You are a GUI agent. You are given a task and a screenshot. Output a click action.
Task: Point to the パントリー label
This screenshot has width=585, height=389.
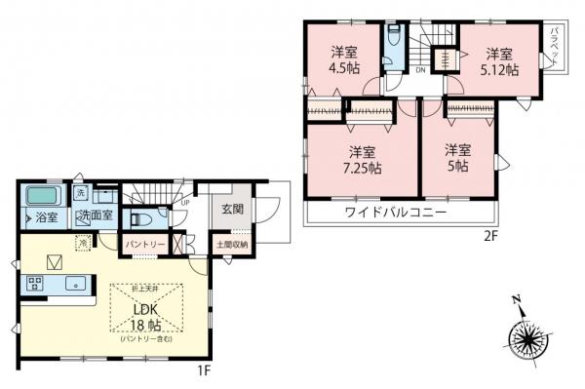click(x=144, y=244)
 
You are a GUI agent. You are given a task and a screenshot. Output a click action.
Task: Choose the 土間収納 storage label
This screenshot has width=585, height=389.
click(x=232, y=245)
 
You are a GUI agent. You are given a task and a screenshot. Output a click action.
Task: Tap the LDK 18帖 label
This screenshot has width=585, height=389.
click(x=146, y=318)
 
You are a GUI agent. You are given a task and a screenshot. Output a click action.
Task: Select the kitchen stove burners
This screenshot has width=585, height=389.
click(x=36, y=285)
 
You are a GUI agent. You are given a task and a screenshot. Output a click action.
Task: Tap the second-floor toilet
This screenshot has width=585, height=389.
click(x=393, y=42)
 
